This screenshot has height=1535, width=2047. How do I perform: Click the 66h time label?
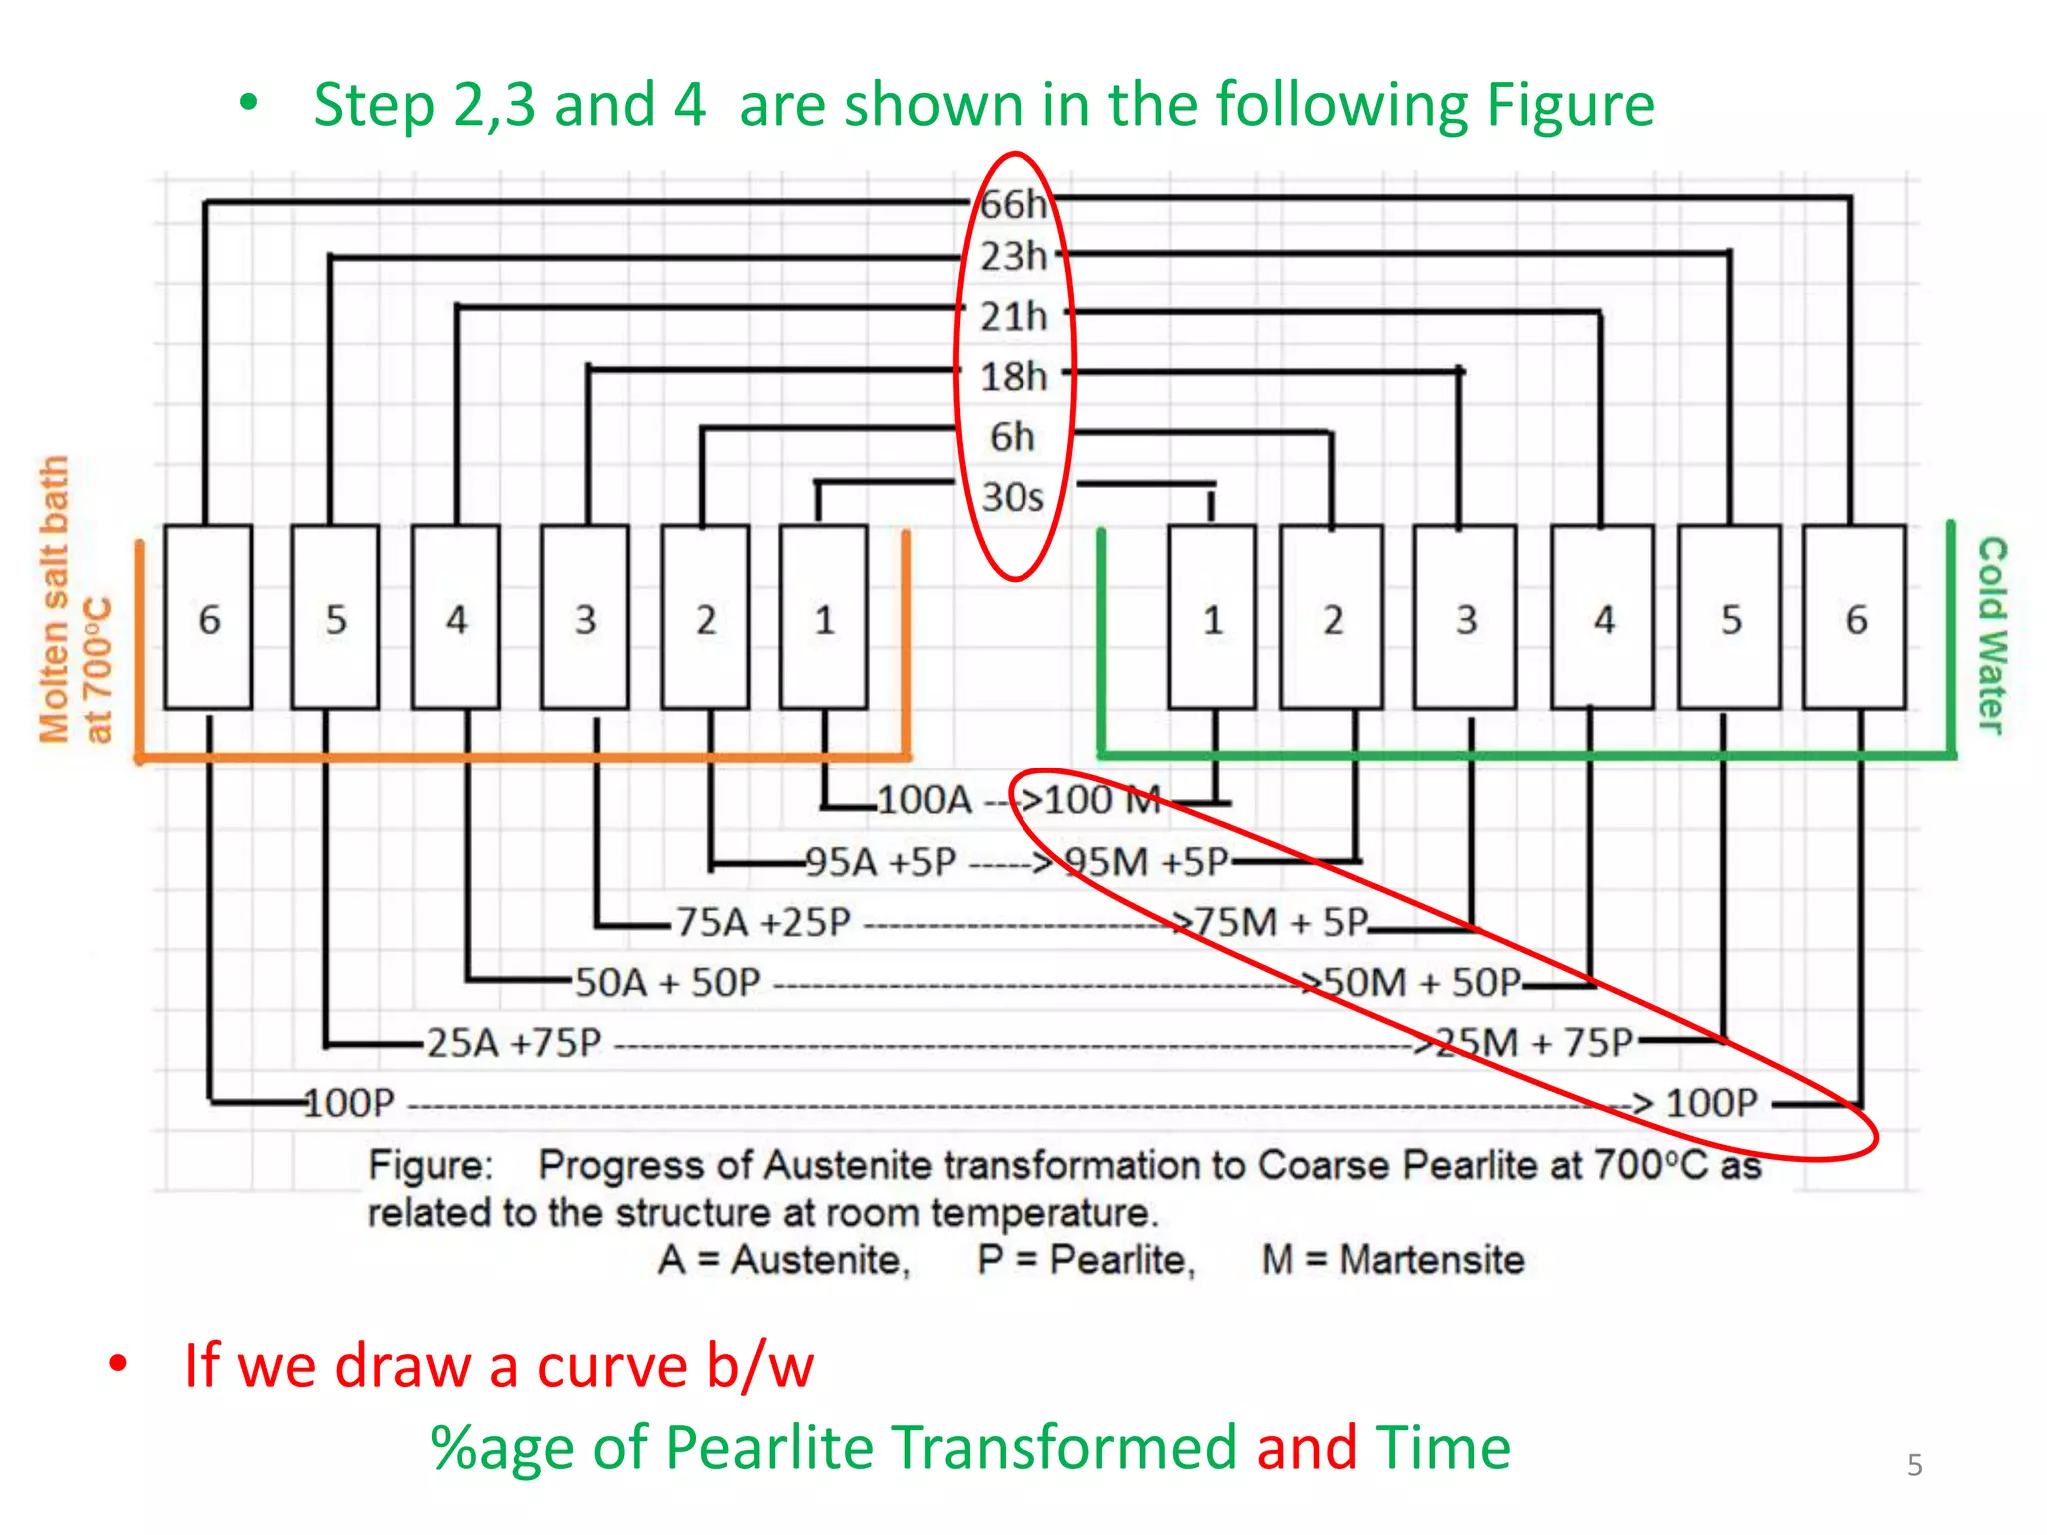pyautogui.click(x=1013, y=204)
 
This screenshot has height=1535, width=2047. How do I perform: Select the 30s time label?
pyautogui.click(x=1012, y=497)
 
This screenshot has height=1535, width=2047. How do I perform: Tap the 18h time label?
pyautogui.click(x=1013, y=377)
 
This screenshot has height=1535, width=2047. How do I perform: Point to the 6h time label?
pyautogui.click(x=1012, y=437)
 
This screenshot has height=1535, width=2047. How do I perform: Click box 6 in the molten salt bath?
pyautogui.click(x=208, y=618)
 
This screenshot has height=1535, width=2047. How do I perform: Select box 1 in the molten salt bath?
pyautogui.click(x=824, y=618)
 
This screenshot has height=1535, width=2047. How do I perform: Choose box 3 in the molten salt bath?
pyautogui.click(x=585, y=618)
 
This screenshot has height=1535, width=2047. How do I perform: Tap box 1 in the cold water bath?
pyautogui.click(x=1212, y=618)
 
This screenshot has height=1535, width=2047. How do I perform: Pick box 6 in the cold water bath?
pyautogui.click(x=1855, y=618)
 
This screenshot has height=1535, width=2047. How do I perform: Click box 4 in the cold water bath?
pyautogui.click(x=1603, y=618)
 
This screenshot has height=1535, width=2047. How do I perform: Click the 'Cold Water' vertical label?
pyautogui.click(x=1992, y=634)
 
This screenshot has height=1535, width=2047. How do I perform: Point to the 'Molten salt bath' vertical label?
pyautogui.click(x=54, y=600)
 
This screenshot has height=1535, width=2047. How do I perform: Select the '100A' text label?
pyautogui.click(x=924, y=800)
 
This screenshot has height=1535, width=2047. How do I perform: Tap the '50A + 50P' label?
pyautogui.click(x=667, y=983)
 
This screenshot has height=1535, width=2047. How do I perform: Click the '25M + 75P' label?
pyautogui.click(x=1534, y=1043)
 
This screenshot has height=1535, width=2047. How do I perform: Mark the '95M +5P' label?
pyautogui.click(x=1146, y=861)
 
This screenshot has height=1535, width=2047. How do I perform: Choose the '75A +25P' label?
pyautogui.click(x=763, y=922)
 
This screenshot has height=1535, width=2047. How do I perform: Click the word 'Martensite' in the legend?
pyautogui.click(x=1431, y=1260)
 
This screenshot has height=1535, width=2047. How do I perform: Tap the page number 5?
pyautogui.click(x=1914, y=1465)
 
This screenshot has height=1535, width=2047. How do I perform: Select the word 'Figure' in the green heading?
pyautogui.click(x=1570, y=105)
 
